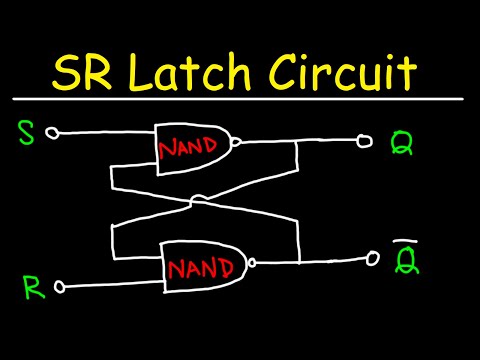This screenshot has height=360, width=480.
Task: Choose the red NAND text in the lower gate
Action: click(205, 268)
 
